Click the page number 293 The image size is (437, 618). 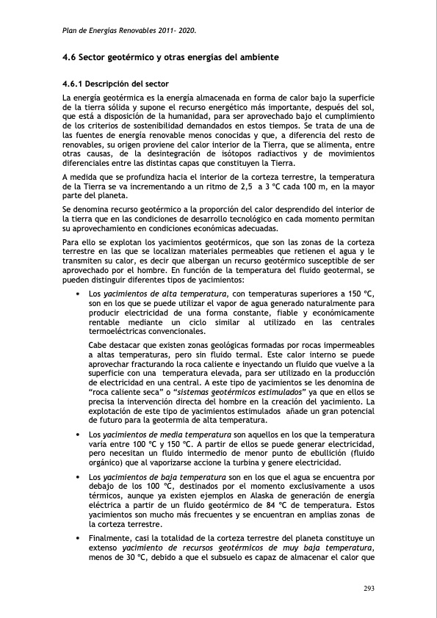[369, 589]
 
